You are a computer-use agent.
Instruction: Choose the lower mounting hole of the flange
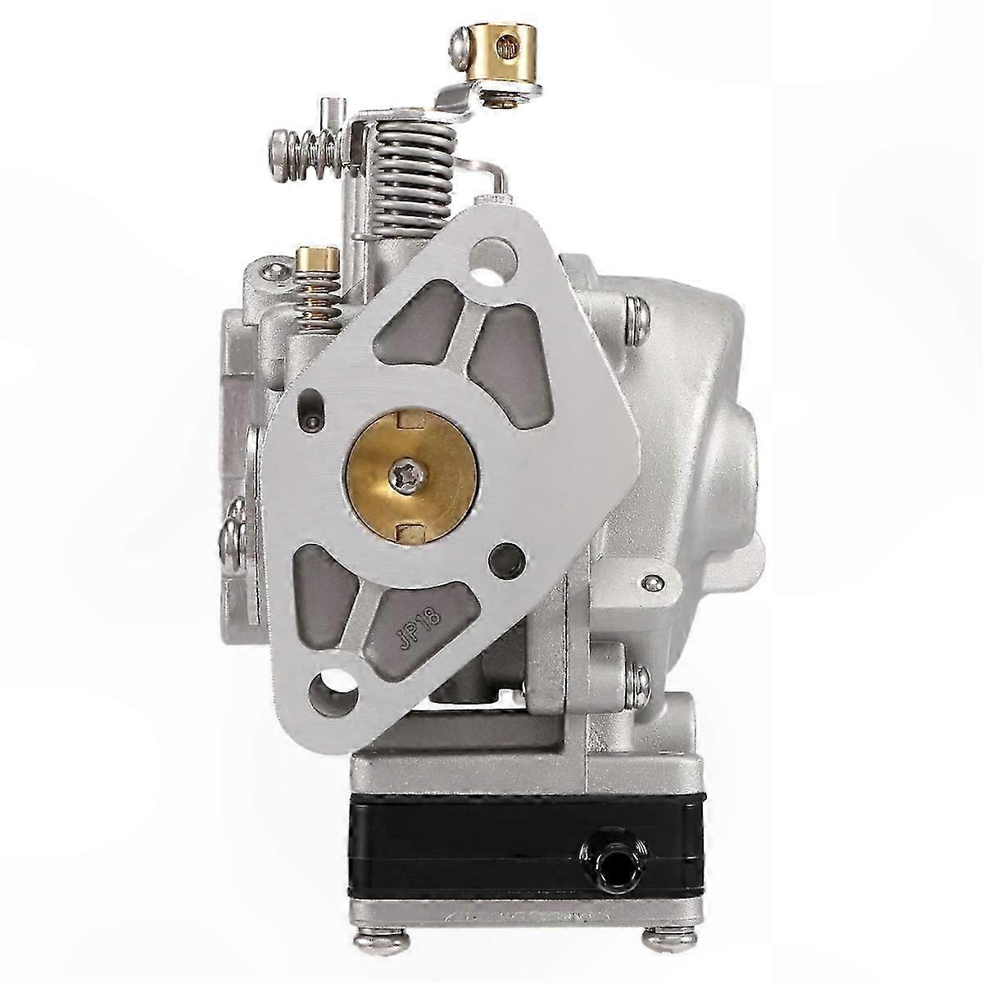point(333,678)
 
